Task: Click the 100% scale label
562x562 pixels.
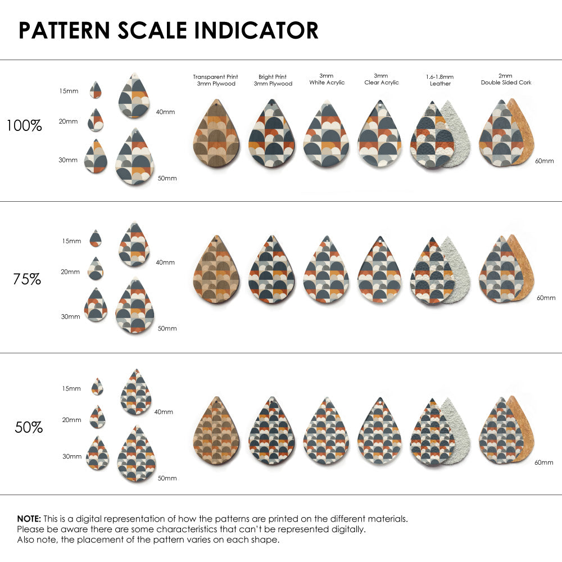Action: pyautogui.click(x=24, y=125)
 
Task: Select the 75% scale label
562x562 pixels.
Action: pyautogui.click(x=27, y=279)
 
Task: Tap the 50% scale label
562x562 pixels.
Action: pyautogui.click(x=29, y=428)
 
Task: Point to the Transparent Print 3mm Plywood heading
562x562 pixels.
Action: pyautogui.click(x=215, y=80)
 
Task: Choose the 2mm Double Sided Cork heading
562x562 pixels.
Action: pyautogui.click(x=506, y=79)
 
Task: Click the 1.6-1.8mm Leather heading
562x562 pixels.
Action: pyautogui.click(x=440, y=80)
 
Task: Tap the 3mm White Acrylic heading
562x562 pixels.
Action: pyautogui.click(x=327, y=79)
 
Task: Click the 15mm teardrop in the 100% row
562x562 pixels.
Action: pyautogui.click(x=96, y=90)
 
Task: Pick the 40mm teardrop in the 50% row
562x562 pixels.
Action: pyautogui.click(x=135, y=393)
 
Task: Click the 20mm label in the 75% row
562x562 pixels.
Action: pyautogui.click(x=70, y=272)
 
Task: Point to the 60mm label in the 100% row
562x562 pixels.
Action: pyautogui.click(x=544, y=161)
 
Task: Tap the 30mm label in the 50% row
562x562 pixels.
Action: pyautogui.click(x=72, y=457)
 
